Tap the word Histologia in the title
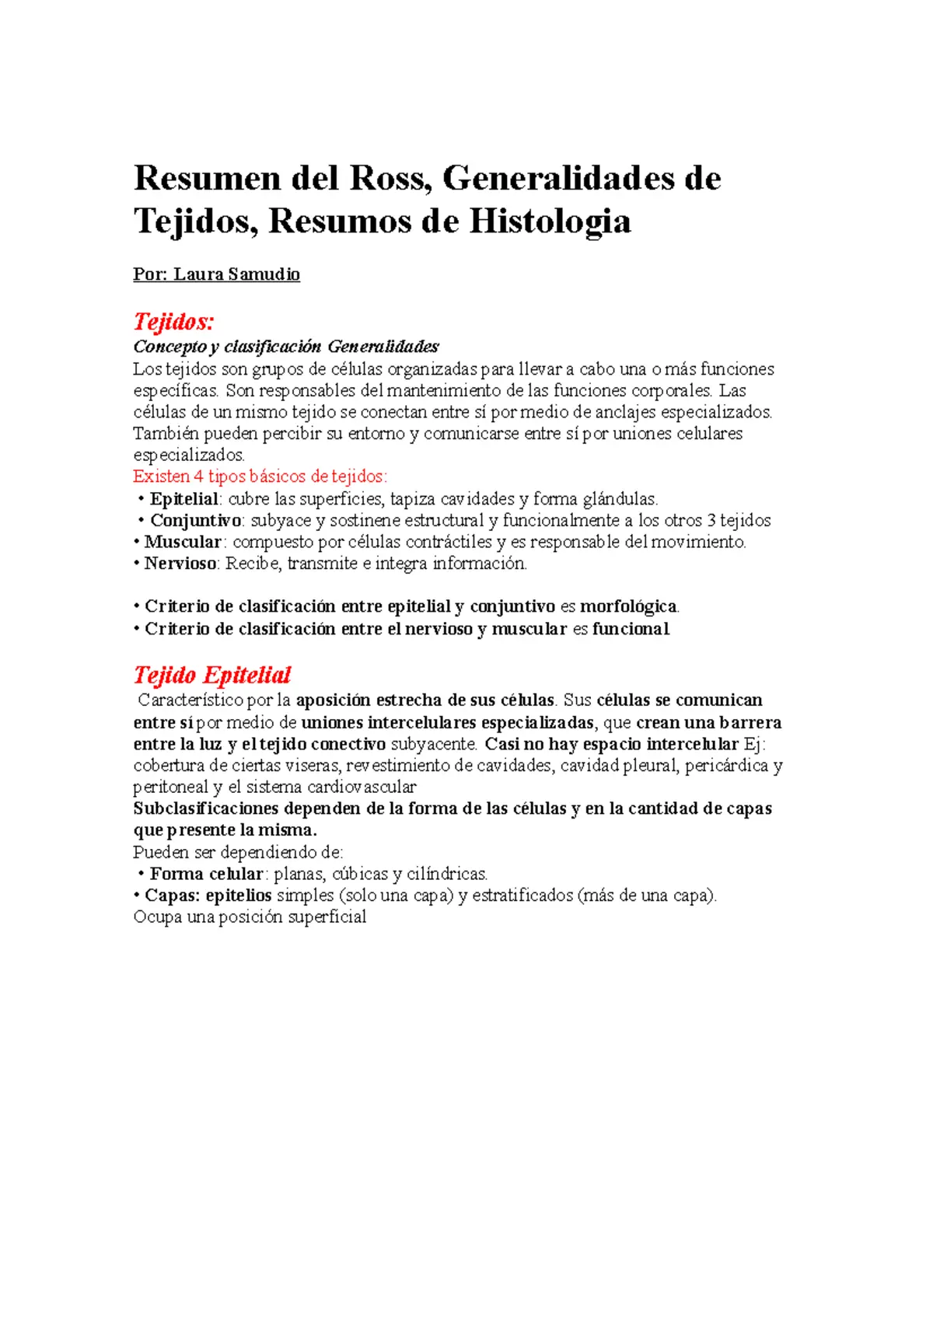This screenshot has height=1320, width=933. pos(550,221)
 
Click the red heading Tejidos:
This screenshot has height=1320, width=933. pos(173,321)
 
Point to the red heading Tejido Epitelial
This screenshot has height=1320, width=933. pos(212,675)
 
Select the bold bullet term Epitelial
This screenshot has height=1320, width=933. pos(184,499)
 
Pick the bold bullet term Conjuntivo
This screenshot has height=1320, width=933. pos(196,521)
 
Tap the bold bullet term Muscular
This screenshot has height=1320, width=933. pos(183,542)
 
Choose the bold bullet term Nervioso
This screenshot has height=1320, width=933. pos(180,564)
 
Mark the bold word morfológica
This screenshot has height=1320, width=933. pos(628,606)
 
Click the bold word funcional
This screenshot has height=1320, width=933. pos(631,628)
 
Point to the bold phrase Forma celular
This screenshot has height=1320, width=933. pos(206,874)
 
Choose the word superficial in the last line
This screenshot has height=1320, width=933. pos(327,917)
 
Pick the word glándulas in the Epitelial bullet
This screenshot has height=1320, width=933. pos(620,499)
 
